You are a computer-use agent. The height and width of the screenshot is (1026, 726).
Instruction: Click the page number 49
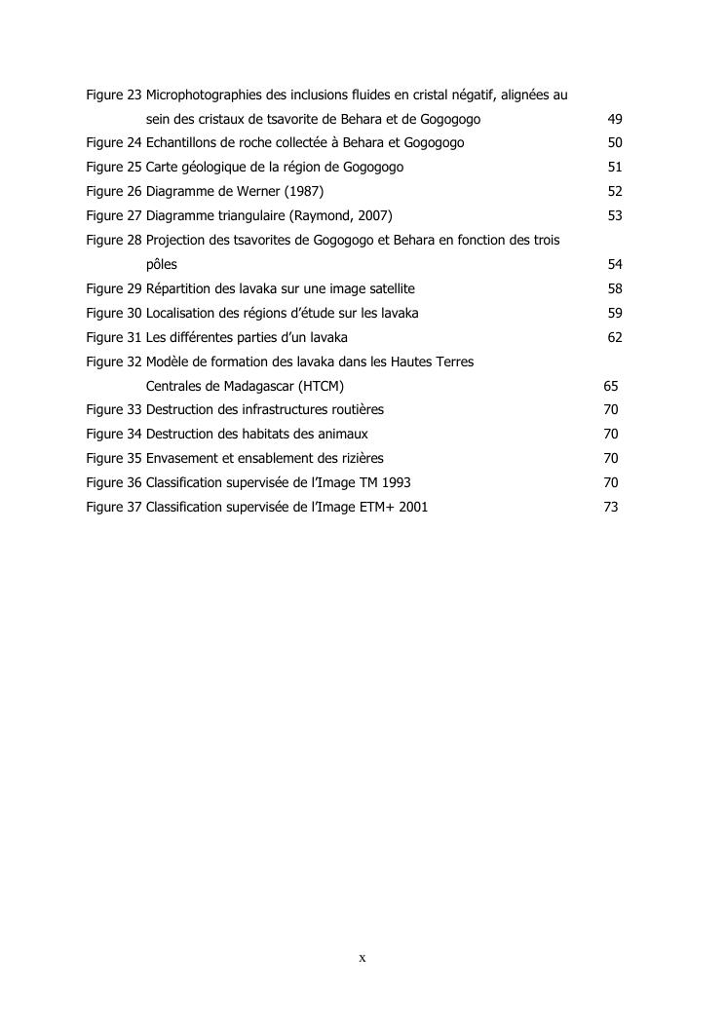point(614,119)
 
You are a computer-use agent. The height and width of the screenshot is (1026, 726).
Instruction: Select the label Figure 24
point(114,143)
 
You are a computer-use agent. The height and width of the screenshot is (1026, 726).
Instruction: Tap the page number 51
point(614,168)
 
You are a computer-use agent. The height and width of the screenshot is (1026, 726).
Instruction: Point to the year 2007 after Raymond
point(372,216)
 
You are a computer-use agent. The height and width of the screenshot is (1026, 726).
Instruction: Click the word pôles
point(162,265)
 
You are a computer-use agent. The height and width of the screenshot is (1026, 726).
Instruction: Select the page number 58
point(614,289)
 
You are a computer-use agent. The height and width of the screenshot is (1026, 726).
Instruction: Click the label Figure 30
point(114,314)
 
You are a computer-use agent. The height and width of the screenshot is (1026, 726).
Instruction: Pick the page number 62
point(614,338)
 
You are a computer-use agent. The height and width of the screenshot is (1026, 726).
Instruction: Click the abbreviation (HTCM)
point(321,386)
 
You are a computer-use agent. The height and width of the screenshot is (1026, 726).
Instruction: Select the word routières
point(356,410)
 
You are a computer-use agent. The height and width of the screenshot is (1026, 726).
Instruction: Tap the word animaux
point(342,435)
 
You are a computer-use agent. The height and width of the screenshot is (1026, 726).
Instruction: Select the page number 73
point(610,508)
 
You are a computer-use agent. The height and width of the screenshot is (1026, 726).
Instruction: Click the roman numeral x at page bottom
point(363,959)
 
